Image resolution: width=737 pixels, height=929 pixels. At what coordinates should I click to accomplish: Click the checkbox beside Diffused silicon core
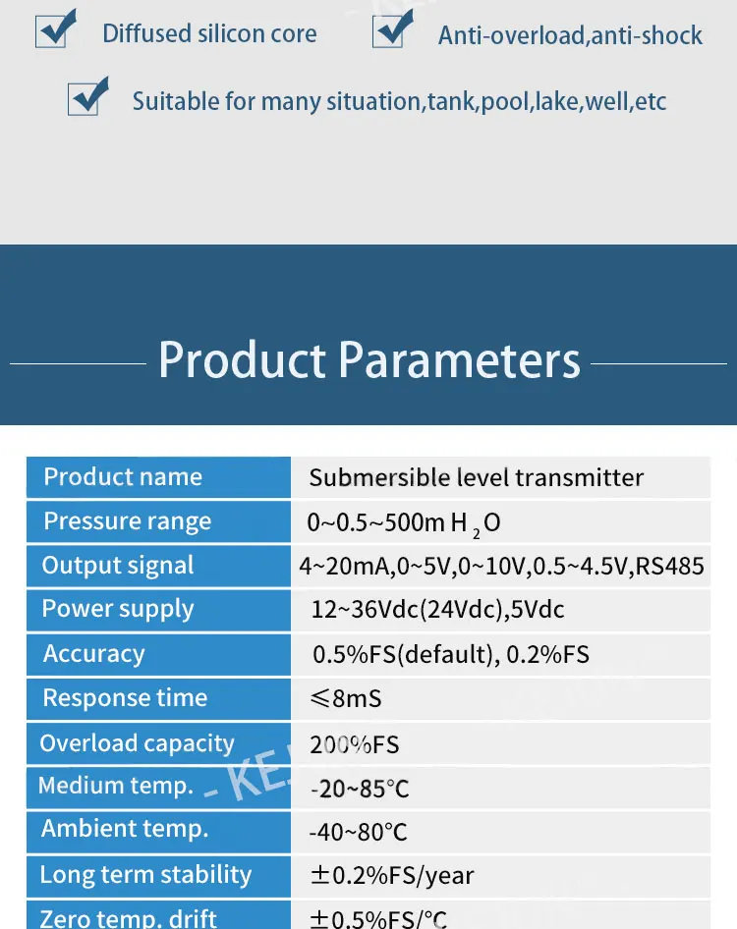pyautogui.click(x=56, y=29)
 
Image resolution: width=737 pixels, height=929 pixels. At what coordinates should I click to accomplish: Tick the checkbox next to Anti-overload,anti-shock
pyautogui.click(x=392, y=29)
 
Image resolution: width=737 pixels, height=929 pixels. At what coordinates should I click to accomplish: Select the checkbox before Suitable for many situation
pyautogui.click(x=87, y=96)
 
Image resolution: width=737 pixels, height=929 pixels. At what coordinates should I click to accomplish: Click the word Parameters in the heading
pyautogui.click(x=460, y=359)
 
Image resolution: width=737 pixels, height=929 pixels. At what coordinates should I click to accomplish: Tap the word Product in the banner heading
pyautogui.click(x=242, y=359)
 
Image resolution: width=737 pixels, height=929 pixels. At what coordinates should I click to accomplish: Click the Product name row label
pyautogui.click(x=124, y=477)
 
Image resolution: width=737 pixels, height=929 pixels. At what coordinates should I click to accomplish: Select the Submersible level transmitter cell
pyautogui.click(x=477, y=477)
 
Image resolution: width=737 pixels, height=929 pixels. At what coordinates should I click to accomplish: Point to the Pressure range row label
pyautogui.click(x=128, y=521)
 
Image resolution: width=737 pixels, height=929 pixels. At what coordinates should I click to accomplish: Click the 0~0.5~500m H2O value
pyautogui.click(x=404, y=523)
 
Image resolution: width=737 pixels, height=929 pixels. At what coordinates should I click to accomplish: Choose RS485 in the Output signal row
pyautogui.click(x=670, y=567)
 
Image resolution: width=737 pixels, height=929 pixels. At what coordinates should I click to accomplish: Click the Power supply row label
pyautogui.click(x=118, y=610)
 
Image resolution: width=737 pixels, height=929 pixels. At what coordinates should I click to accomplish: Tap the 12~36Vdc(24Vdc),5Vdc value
pyautogui.click(x=437, y=610)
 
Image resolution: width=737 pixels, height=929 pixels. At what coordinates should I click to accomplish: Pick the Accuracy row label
pyautogui.click(x=93, y=654)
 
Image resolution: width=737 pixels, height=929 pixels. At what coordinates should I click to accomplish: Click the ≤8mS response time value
pyautogui.click(x=346, y=698)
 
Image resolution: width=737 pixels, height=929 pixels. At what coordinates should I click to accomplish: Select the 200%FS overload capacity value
pyautogui.click(x=355, y=744)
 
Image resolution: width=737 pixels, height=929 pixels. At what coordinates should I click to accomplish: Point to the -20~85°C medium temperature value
pyautogui.click(x=360, y=789)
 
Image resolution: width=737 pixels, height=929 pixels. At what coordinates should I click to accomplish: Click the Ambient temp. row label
pyautogui.click(x=125, y=829)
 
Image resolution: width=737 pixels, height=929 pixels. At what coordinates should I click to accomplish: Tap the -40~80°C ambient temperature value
pyautogui.click(x=358, y=833)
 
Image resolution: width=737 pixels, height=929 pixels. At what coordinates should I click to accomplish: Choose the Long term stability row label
pyautogui.click(x=145, y=875)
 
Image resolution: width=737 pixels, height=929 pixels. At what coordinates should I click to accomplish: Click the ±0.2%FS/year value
pyautogui.click(x=392, y=876)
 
